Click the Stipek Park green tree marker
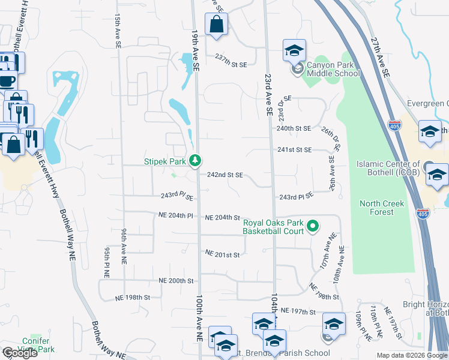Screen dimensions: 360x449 (x=195, y=160)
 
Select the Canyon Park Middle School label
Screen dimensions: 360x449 (x=333, y=69)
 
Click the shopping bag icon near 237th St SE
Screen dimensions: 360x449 (x=216, y=25)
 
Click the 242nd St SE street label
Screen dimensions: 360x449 (x=224, y=175)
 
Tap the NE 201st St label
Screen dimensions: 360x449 (x=222, y=255)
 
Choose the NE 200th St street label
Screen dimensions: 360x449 (x=176, y=281)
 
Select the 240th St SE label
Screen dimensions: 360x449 (x=294, y=128)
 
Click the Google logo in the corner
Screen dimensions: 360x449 (x=19, y=353)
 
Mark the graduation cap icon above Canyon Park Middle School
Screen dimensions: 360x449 (x=294, y=50)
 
